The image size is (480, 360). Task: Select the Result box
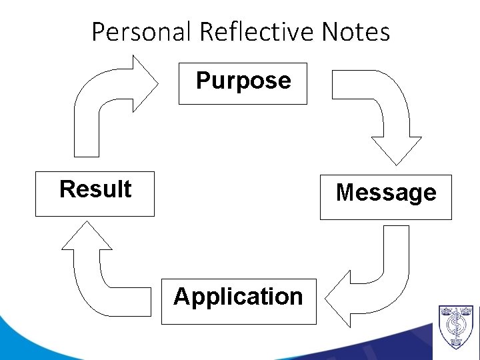point(95,193)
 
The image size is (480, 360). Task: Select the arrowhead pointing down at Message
point(396,149)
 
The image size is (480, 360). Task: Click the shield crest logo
point(456,327)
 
